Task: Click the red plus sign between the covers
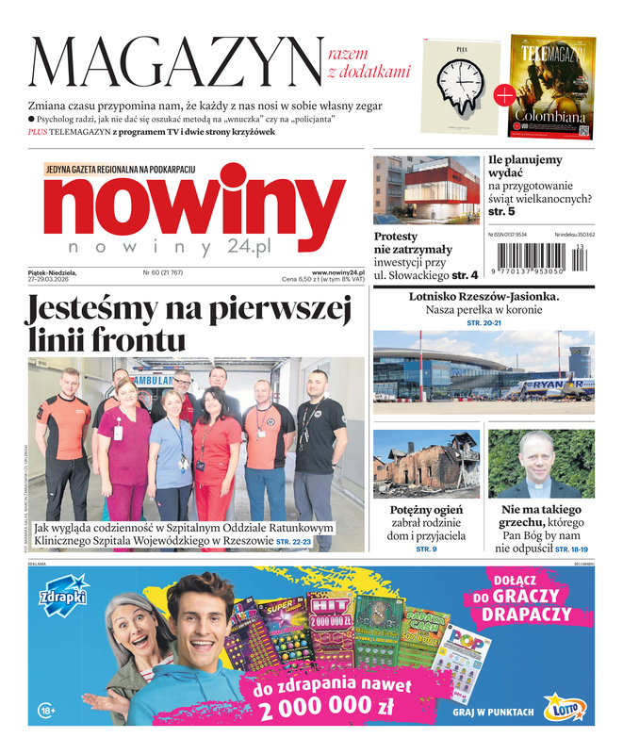pos(505,94)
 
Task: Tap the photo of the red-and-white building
pos(426,189)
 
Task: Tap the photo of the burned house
pos(425,464)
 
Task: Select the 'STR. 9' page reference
pos(426,549)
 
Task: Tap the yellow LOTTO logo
pos(566,707)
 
